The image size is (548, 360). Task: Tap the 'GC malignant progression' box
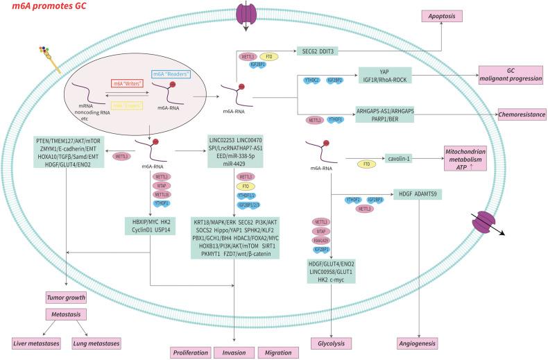(x=508, y=76)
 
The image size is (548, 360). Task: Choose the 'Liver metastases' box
(x=35, y=343)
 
